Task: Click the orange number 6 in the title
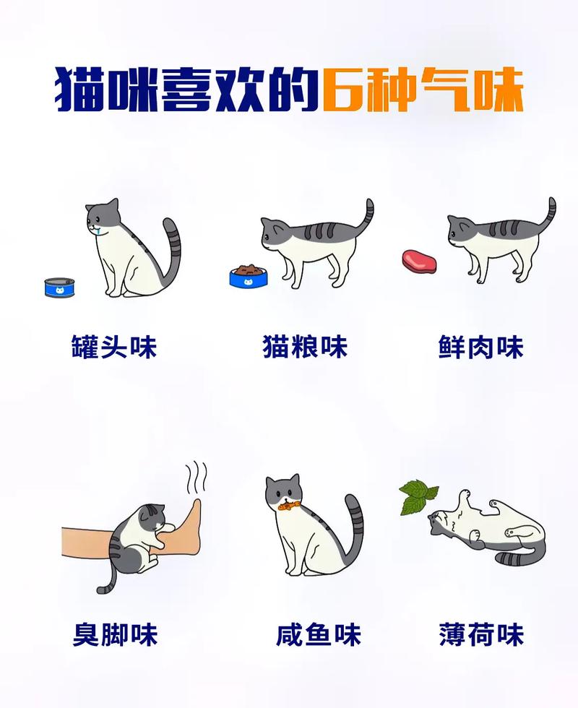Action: [342, 90]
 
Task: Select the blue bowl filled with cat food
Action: [248, 275]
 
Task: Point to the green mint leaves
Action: [418, 497]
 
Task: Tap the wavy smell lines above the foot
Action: [196, 478]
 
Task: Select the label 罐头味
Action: [114, 347]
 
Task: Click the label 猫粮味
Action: [305, 347]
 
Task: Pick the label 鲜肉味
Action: [480, 347]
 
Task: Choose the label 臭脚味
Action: [115, 634]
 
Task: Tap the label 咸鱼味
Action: [319, 634]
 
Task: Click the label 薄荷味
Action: [480, 634]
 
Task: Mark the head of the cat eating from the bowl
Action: [275, 237]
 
